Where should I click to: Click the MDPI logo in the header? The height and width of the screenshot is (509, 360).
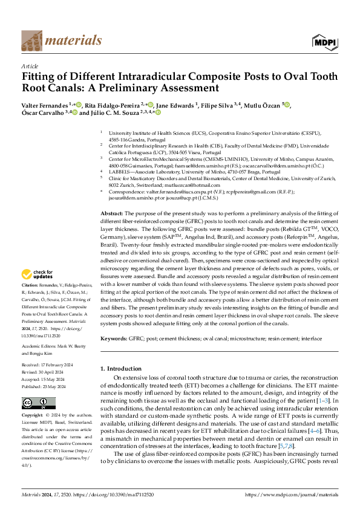click(x=323, y=41)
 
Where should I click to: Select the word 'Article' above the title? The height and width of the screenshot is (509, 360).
click(x=30, y=66)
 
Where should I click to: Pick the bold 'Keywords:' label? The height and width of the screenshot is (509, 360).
click(x=113, y=340)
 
